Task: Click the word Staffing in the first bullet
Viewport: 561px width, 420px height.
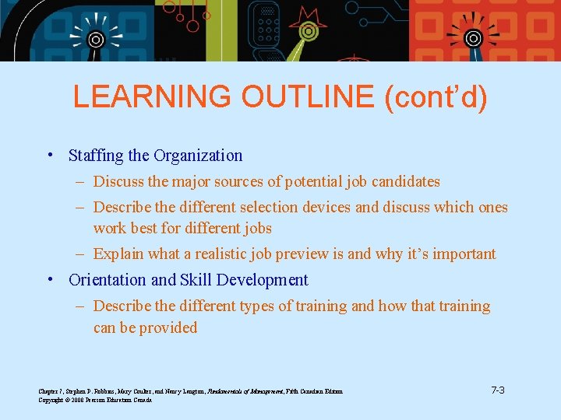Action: point(97,156)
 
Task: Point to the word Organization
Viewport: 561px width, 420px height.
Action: point(198,156)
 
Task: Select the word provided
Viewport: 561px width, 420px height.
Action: point(169,327)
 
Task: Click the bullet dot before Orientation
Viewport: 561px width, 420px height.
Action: point(51,280)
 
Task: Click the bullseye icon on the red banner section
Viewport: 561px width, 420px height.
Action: point(473,37)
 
